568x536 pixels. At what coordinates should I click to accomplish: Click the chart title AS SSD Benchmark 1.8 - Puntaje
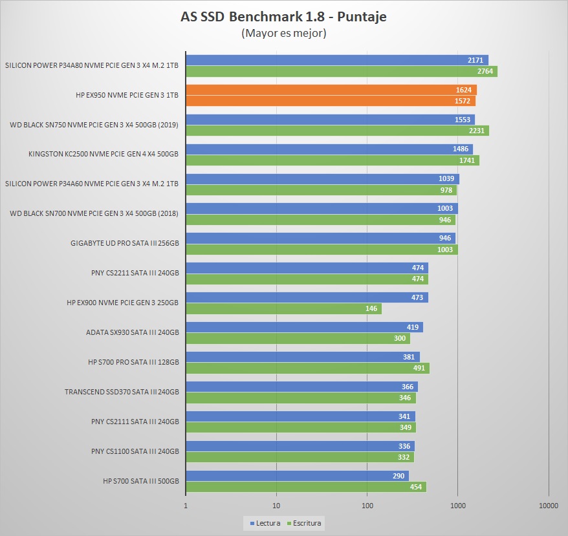click(283, 17)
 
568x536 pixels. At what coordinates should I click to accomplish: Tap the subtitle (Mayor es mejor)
click(283, 33)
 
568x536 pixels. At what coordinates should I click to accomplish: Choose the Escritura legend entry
click(305, 523)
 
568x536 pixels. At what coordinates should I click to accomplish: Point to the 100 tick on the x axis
click(367, 506)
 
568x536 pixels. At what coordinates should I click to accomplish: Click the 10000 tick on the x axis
click(548, 506)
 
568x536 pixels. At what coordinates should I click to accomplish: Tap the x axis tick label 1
click(186, 506)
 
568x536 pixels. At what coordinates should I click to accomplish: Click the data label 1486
click(461, 149)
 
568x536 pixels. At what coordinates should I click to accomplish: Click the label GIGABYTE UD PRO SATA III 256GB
click(124, 244)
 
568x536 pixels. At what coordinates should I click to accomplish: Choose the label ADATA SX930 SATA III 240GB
click(132, 333)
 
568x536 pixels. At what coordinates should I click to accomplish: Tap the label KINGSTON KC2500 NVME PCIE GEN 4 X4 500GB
click(104, 155)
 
